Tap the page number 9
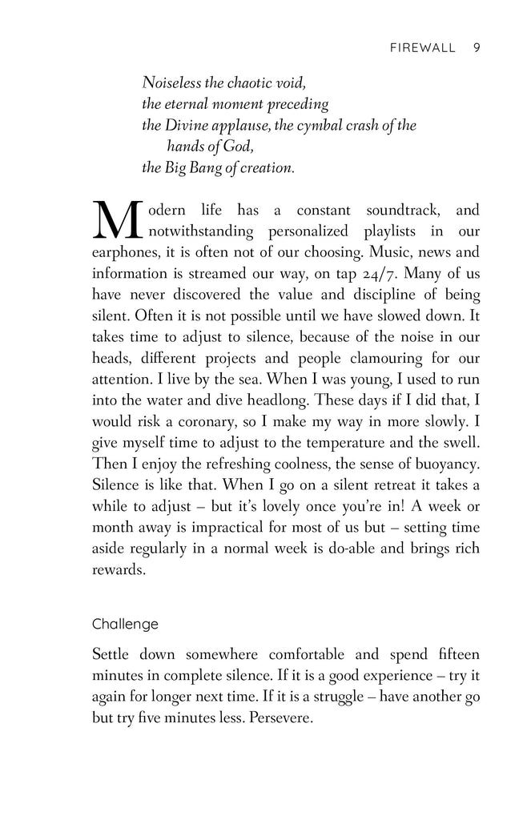477,47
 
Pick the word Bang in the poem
215,167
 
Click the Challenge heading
125,623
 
